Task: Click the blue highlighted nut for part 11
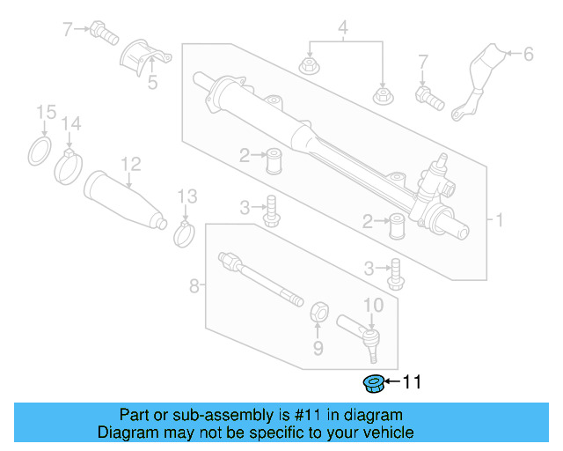372,382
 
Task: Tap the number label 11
412,382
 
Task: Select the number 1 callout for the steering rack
499,219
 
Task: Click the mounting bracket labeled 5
143,59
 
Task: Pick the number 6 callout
528,55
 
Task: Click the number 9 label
319,349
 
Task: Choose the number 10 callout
373,306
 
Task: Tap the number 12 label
130,163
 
